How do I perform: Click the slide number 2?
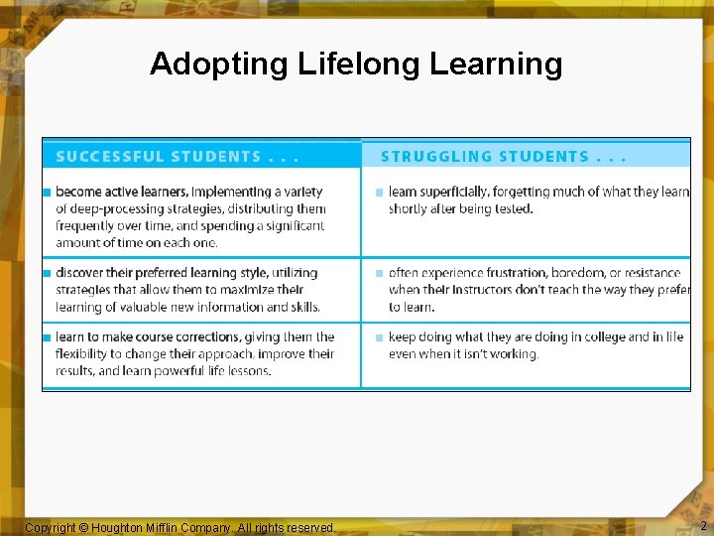pyautogui.click(x=703, y=526)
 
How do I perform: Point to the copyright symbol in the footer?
pyautogui.click(x=83, y=528)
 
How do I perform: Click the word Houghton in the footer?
pyautogui.click(x=123, y=528)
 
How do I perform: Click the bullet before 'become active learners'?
pyautogui.click(x=47, y=192)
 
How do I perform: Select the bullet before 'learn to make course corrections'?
pyautogui.click(x=47, y=337)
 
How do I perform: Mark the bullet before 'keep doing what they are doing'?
pyautogui.click(x=379, y=337)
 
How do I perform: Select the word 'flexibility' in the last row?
pyautogui.click(x=83, y=354)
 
